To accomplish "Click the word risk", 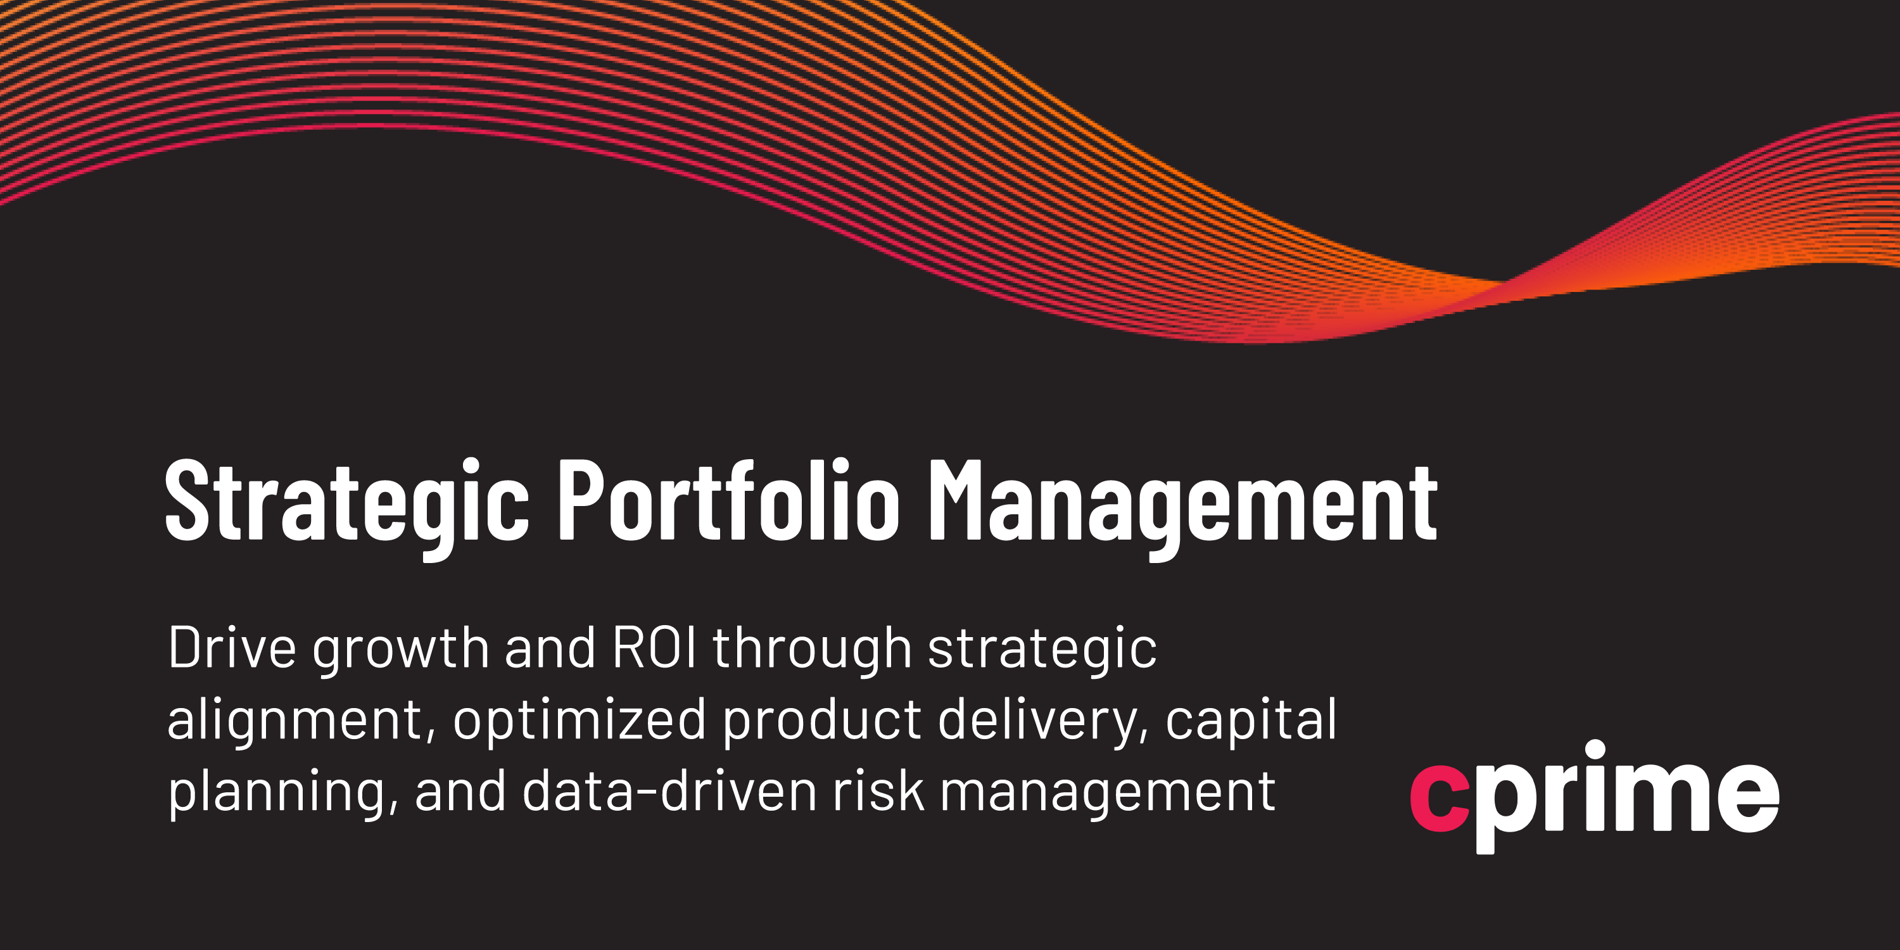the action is (878, 790).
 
